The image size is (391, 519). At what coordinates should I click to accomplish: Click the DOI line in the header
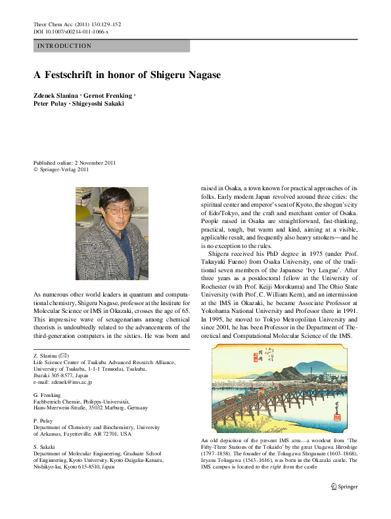(70, 31)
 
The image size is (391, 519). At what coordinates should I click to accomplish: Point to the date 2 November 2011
(97, 162)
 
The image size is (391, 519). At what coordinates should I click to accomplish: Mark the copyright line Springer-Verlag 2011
(63, 169)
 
